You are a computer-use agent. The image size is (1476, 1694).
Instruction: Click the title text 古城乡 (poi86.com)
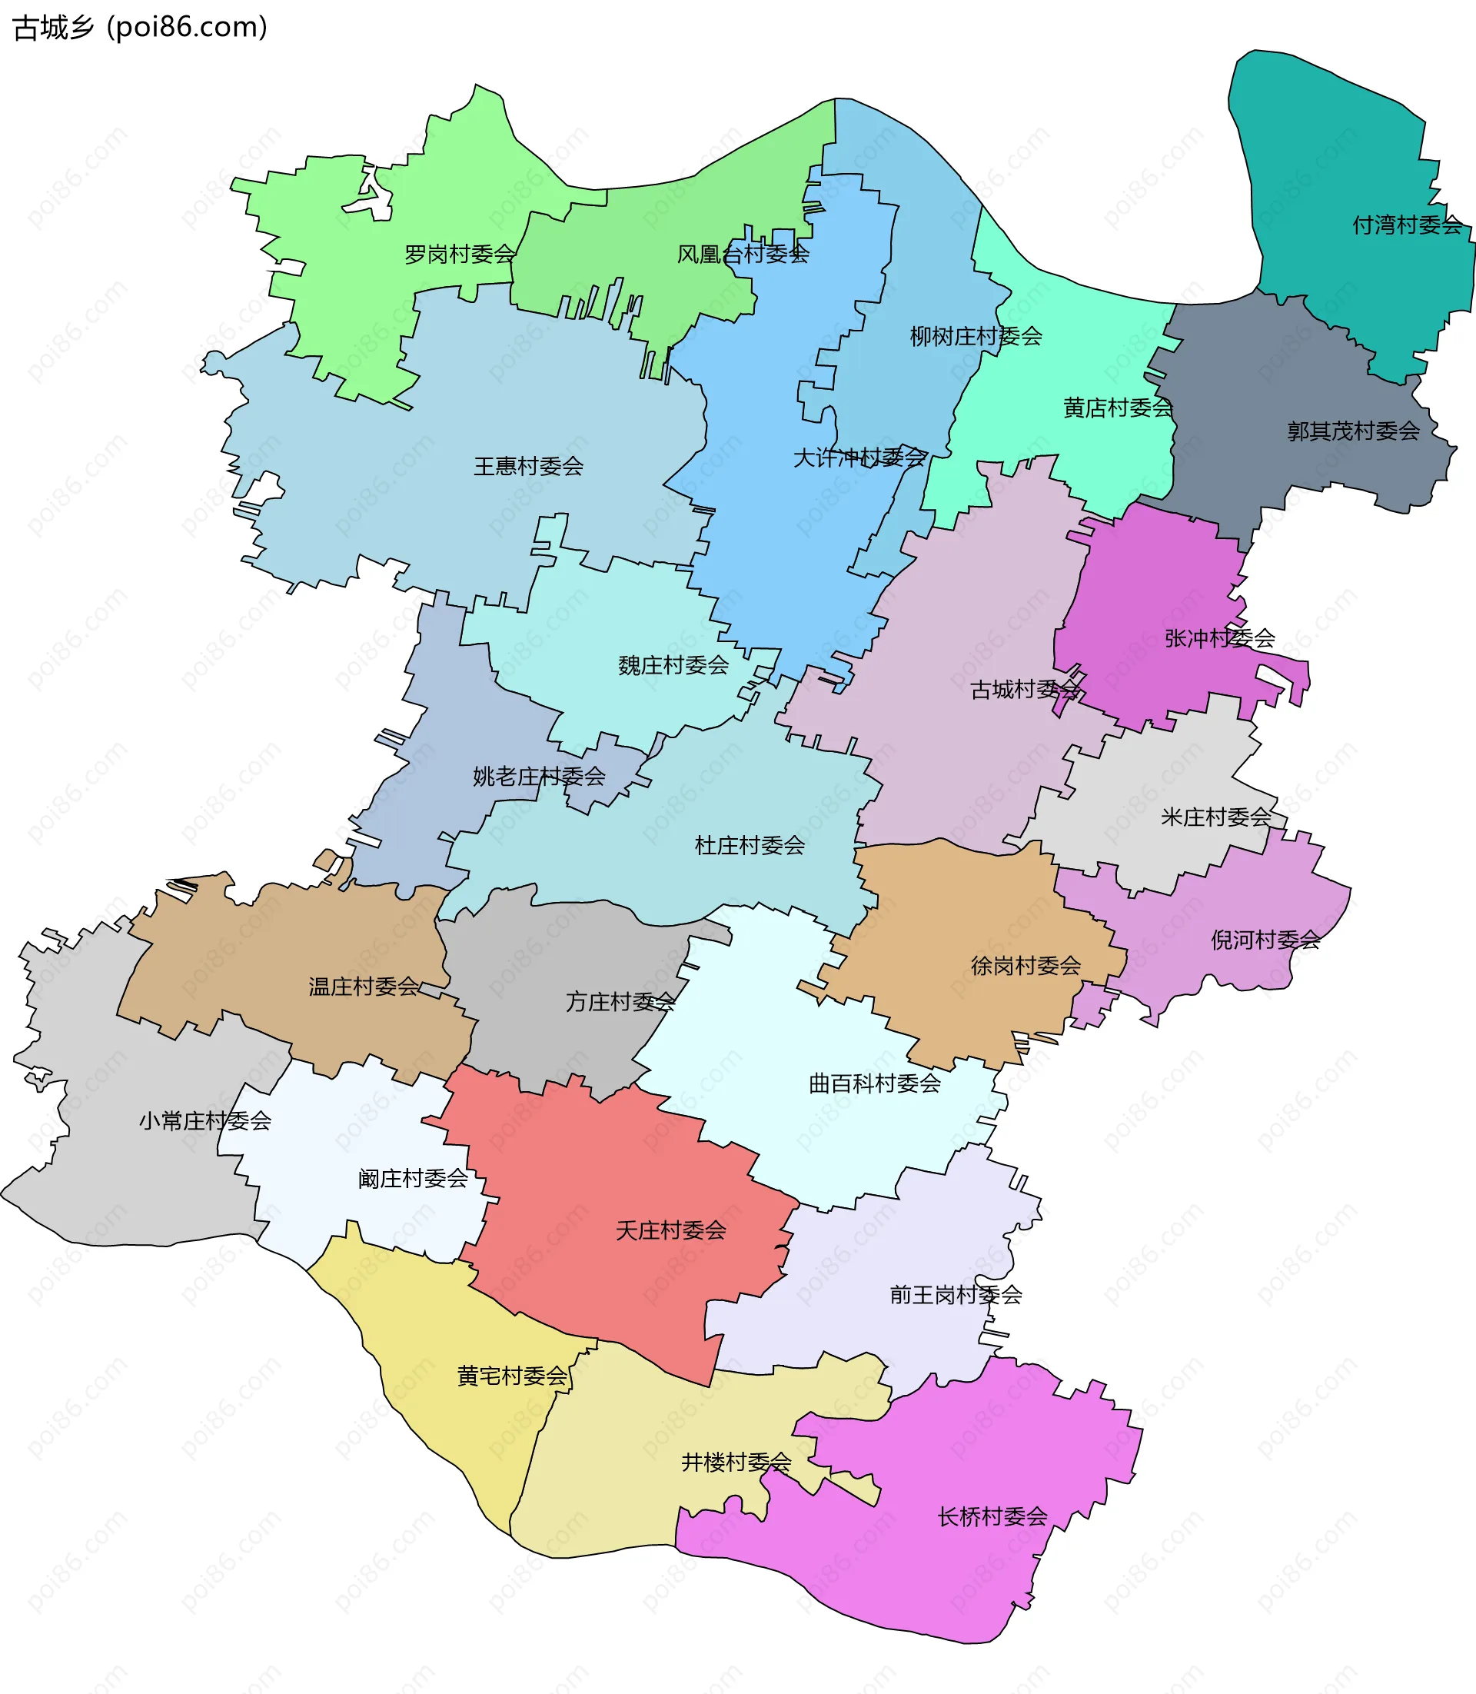pyautogui.click(x=140, y=27)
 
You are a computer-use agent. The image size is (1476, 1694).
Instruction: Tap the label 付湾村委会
pyautogui.click(x=1407, y=225)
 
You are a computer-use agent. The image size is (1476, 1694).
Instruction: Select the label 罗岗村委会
pyautogui.click(x=460, y=255)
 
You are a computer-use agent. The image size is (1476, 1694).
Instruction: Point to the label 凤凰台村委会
pyautogui.click(x=743, y=255)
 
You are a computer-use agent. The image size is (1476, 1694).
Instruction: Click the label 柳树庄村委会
pyautogui.click(x=976, y=336)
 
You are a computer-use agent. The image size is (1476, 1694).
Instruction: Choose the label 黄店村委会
pyautogui.click(x=1118, y=408)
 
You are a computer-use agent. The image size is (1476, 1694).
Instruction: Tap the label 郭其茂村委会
pyautogui.click(x=1353, y=431)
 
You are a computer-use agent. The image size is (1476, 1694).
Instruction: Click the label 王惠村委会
pyautogui.click(x=528, y=466)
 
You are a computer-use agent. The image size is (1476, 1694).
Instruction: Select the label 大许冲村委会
pyautogui.click(x=859, y=458)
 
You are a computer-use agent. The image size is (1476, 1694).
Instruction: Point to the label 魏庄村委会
pyautogui.click(x=673, y=665)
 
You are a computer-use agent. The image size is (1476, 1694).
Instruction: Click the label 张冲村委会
pyautogui.click(x=1220, y=637)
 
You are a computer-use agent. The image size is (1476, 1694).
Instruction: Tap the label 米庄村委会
pyautogui.click(x=1215, y=817)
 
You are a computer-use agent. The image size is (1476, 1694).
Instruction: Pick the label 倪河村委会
pyautogui.click(x=1265, y=940)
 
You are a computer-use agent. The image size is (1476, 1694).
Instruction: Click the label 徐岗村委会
pyautogui.click(x=1026, y=966)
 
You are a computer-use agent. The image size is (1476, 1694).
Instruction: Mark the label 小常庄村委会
pyautogui.click(x=205, y=1120)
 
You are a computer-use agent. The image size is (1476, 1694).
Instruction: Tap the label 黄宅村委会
pyautogui.click(x=512, y=1376)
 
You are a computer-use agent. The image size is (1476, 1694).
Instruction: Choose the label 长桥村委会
pyautogui.click(x=992, y=1516)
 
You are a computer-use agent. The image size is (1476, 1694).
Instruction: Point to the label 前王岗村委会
pyautogui.click(x=956, y=1295)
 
